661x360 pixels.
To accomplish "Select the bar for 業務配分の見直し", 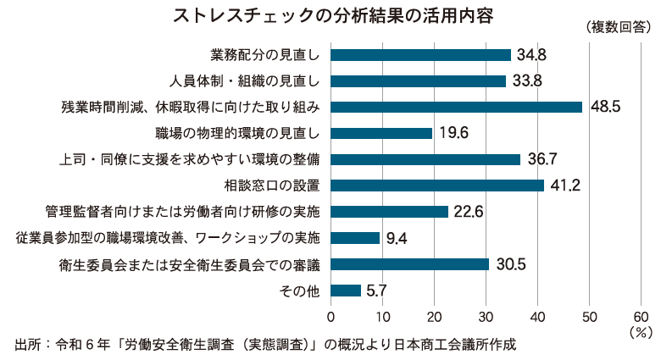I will coord(420,55).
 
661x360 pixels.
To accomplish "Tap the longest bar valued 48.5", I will coord(456,107).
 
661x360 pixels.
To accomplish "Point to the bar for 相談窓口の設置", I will coord(437,186).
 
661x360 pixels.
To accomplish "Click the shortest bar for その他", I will coord(346,291).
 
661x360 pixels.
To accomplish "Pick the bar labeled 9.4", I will coord(355,238).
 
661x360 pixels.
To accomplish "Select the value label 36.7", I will coord(543,159).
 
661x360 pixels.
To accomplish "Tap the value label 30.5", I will coord(511,264).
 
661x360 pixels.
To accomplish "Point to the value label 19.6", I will coord(454,133).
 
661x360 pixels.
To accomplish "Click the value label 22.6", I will coord(469,212).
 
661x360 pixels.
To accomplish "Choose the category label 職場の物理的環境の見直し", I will coord(238,133).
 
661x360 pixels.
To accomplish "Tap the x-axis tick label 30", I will coord(486,316).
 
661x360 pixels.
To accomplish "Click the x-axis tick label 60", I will coord(641,316).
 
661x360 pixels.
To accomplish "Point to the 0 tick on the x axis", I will coord(330,316).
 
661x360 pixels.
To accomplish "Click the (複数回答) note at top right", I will coord(617,27).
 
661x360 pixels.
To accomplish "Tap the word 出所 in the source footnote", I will coord(26,345).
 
